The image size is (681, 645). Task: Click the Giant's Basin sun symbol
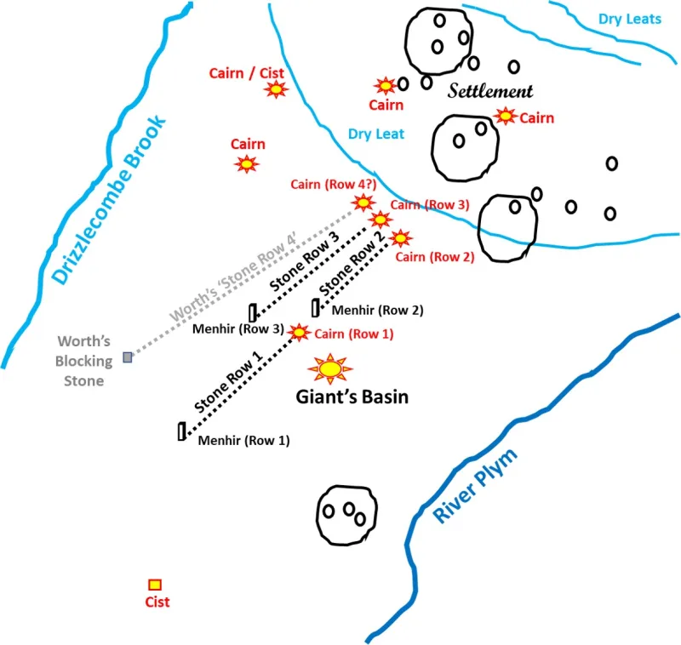click(330, 369)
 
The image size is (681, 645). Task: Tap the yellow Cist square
click(155, 585)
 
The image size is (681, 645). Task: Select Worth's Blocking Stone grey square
click(127, 357)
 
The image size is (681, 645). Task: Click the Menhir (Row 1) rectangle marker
click(182, 431)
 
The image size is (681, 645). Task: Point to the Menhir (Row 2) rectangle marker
click(316, 308)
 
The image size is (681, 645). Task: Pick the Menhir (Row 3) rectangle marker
click(253, 313)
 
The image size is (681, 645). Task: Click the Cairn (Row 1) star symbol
click(299, 333)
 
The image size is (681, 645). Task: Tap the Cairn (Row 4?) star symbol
click(363, 203)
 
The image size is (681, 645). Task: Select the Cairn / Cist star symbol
click(276, 89)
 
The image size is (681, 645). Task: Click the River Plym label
click(475, 485)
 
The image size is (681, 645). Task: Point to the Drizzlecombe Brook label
click(109, 200)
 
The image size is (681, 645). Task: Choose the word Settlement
click(490, 91)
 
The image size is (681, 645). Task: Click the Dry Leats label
click(630, 19)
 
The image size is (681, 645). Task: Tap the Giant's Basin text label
click(352, 397)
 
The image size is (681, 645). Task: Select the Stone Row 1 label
click(228, 382)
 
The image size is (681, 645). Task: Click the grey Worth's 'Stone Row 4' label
click(232, 277)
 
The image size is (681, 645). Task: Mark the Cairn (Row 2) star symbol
click(400, 238)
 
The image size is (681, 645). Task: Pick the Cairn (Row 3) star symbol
click(381, 220)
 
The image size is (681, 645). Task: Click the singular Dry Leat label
click(376, 134)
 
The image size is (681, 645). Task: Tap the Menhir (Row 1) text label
click(243, 441)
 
